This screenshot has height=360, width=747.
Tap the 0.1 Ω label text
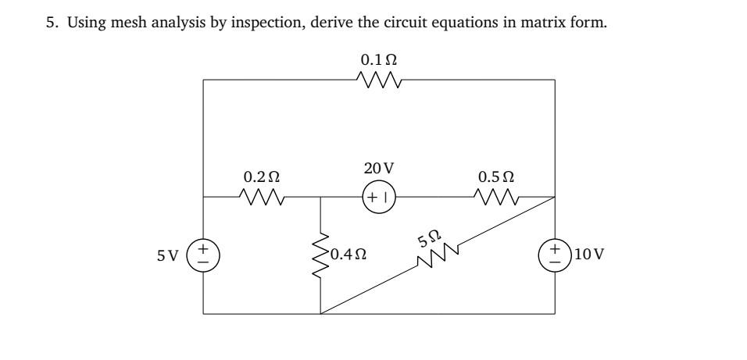379,59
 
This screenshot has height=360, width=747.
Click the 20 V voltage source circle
379,198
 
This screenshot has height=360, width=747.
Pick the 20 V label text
379,168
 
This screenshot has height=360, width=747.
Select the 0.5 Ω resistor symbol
496,198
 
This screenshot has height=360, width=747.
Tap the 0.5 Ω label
496,177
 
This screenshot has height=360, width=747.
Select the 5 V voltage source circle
204,255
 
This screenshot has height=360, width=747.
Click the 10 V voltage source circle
556,255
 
